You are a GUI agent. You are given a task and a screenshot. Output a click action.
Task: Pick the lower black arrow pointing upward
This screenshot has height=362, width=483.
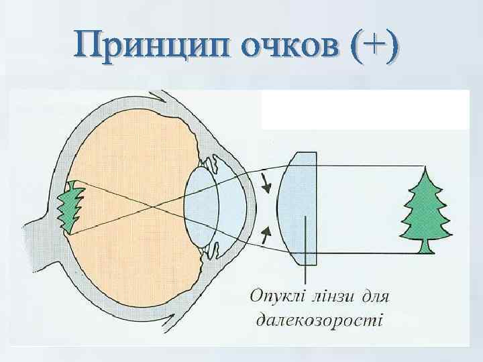coord(266,234)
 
